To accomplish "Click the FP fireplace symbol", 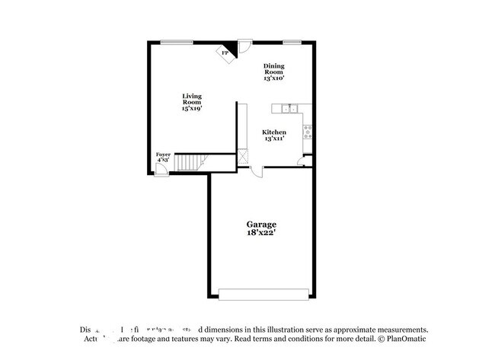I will [225, 53].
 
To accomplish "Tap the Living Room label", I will [191, 98].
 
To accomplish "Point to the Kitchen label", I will [274, 132].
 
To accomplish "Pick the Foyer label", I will [163, 155].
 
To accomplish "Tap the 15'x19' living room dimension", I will [191, 109].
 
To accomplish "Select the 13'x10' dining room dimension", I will [274, 78].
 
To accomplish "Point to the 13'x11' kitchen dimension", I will [274, 139].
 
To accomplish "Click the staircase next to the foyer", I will [191, 162].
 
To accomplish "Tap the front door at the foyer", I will [161, 170].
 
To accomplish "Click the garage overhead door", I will [263, 293].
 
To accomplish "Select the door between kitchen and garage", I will [258, 170].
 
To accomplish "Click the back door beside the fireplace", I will [244, 47].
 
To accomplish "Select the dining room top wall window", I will [291, 42].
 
